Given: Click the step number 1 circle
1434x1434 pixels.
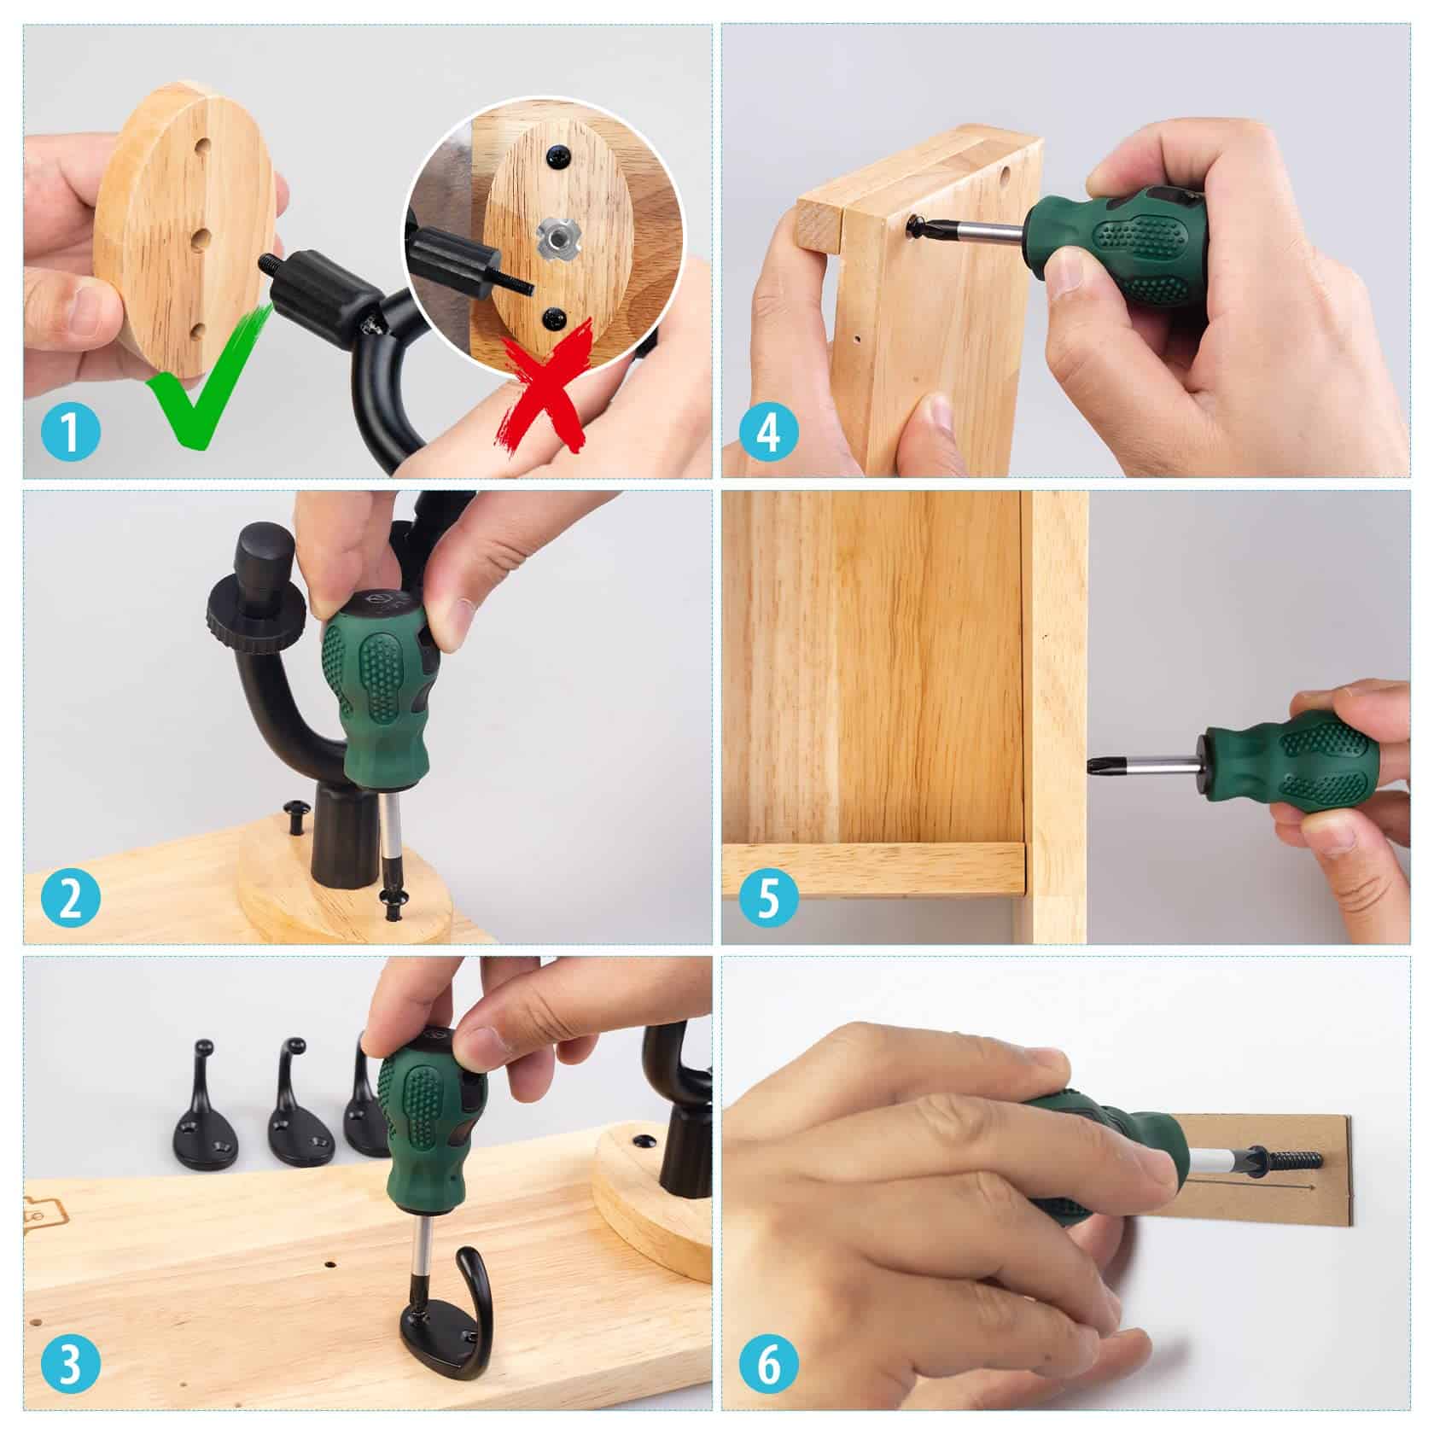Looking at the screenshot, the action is (71, 433).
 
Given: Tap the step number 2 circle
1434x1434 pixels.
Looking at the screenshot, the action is (71, 899).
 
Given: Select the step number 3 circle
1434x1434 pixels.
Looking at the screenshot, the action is (71, 1365).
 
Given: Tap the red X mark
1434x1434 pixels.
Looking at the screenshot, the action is (546, 384).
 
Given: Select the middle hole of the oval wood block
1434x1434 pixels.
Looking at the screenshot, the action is (201, 236).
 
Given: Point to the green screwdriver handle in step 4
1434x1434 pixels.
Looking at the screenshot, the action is (1118, 248).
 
